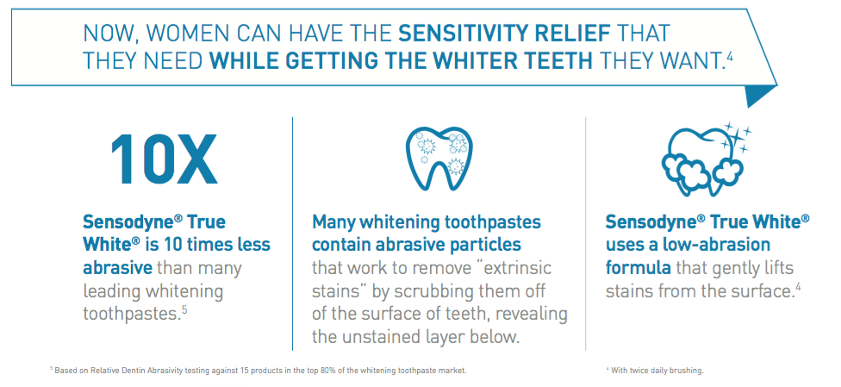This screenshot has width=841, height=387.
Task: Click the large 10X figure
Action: (x=163, y=160)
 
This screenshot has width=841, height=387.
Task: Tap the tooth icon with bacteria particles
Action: (x=439, y=155)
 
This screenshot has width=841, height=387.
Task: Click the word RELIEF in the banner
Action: (x=583, y=34)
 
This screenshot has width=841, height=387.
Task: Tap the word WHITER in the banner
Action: (x=471, y=61)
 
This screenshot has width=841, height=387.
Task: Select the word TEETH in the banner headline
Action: (x=558, y=61)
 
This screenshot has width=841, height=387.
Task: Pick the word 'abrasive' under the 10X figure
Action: (x=115, y=268)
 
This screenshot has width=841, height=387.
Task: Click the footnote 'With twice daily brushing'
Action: (x=656, y=371)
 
